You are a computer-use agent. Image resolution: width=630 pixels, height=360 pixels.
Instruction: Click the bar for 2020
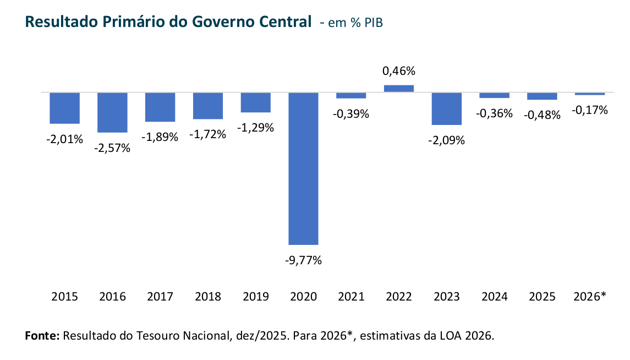[303, 168]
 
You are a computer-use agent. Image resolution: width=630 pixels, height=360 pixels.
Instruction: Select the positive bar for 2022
[399, 88]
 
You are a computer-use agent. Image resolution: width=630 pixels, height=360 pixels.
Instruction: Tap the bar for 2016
[112, 112]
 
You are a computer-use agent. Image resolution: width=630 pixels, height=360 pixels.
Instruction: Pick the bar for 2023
[446, 108]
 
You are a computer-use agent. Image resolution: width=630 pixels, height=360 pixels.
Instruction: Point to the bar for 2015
[65, 108]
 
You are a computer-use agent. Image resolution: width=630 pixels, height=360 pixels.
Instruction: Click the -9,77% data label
[303, 260]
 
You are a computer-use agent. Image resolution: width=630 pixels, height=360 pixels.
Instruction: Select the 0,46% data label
[399, 71]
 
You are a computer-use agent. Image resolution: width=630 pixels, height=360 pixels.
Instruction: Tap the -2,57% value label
[112, 148]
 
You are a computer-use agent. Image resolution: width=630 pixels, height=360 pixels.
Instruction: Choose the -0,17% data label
[590, 111]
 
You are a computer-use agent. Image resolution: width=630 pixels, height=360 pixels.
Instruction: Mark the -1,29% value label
[255, 128]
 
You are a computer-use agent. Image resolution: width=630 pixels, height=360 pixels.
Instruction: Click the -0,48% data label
[542, 115]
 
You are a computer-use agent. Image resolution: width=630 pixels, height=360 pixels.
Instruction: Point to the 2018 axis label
[208, 297]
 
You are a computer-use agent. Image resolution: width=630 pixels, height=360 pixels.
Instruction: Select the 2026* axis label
[590, 297]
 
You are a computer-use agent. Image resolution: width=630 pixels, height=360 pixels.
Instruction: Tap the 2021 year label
[351, 297]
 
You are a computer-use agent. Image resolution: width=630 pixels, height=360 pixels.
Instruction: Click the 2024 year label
[494, 297]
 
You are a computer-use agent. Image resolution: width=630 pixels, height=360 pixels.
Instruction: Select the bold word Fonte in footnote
[42, 336]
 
